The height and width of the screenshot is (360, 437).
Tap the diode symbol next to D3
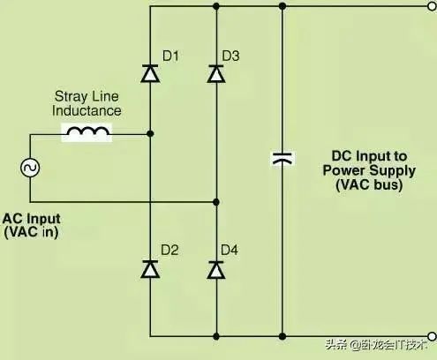(x=215, y=74)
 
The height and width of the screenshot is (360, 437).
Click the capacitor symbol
(x=282, y=160)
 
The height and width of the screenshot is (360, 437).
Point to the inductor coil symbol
(x=86, y=134)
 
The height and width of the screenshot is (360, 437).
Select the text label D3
(x=231, y=56)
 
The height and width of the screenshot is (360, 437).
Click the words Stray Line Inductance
(x=87, y=104)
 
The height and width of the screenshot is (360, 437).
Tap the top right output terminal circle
(x=431, y=6)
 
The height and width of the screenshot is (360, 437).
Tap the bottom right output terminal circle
(x=431, y=336)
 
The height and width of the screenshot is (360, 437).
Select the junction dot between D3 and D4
(x=215, y=202)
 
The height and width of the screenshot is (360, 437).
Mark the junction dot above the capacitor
(x=282, y=6)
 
